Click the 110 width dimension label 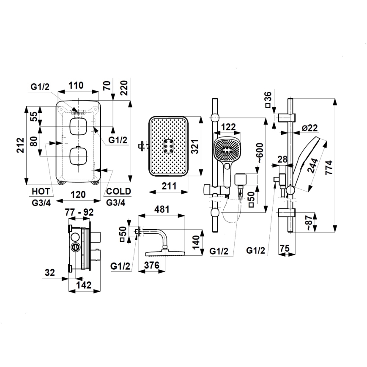[76, 85]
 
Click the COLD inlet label [118, 191]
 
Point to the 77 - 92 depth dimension [79, 213]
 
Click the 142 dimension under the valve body [84, 285]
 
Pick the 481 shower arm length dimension [161, 209]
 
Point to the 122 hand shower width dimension [228, 126]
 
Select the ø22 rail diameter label [310, 128]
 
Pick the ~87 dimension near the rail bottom [310, 223]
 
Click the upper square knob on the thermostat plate [77, 126]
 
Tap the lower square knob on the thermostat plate [77, 156]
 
